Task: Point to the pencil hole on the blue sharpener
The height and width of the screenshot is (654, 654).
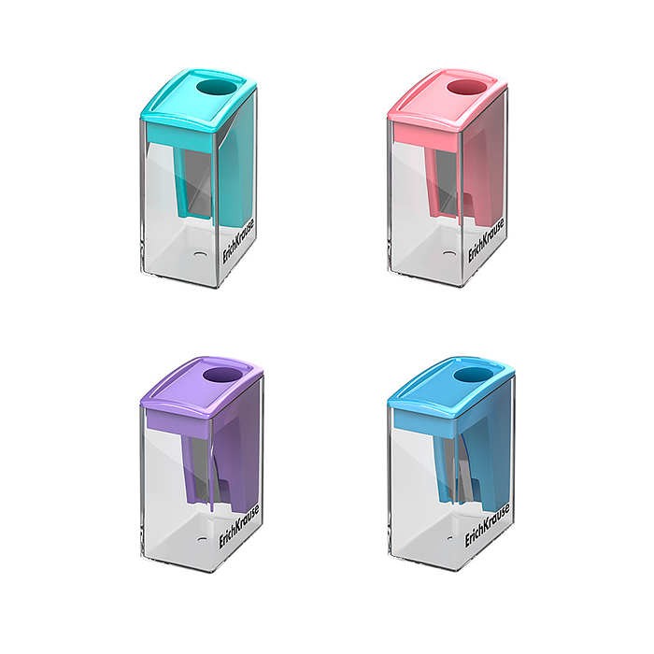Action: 465,377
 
